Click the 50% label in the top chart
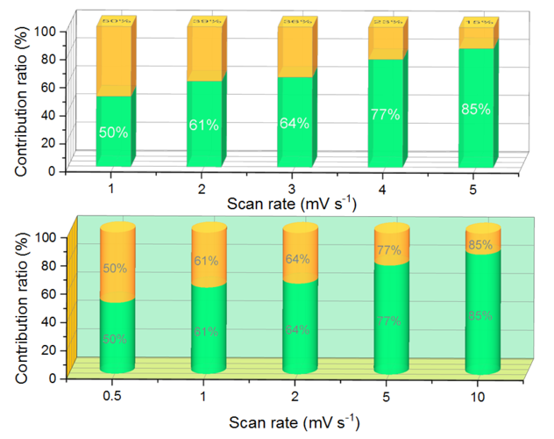pyautogui.click(x=113, y=133)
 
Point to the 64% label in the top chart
pyautogui.click(x=295, y=124)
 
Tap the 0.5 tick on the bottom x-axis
pyautogui.click(x=110, y=395)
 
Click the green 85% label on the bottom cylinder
pyautogui.click(x=479, y=315)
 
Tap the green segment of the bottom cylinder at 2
pyautogui.click(x=300, y=329)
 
